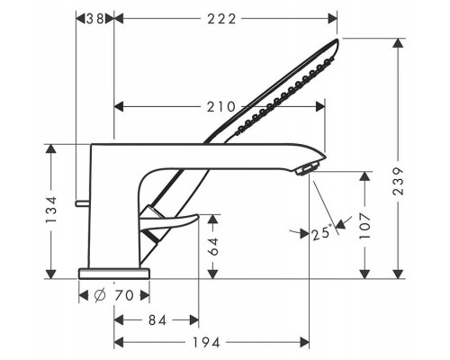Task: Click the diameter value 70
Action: tap(126, 295)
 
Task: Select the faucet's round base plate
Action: tap(114, 271)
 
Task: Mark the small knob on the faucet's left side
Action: tap(83, 201)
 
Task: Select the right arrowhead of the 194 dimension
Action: tap(306, 343)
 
